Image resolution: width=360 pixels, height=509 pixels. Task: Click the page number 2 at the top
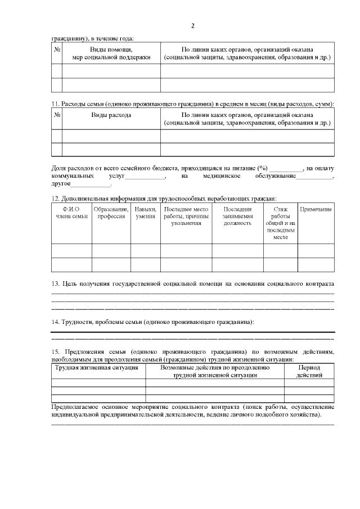tap(192, 26)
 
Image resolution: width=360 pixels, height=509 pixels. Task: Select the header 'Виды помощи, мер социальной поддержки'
tap(111, 53)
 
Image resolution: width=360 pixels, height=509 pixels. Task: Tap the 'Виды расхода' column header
tap(111, 115)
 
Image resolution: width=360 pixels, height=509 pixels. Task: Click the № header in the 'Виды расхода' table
tap(56, 115)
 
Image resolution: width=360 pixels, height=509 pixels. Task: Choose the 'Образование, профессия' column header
tap(111, 213)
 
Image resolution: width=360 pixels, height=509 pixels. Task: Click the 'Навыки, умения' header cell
tap(146, 213)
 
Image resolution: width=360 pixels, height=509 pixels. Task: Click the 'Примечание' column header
tap(316, 209)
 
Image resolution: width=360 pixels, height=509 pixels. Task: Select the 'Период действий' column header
tap(309, 371)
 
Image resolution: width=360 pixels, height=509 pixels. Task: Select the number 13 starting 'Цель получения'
tap(55, 284)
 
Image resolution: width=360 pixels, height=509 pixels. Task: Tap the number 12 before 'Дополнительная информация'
tap(55, 197)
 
